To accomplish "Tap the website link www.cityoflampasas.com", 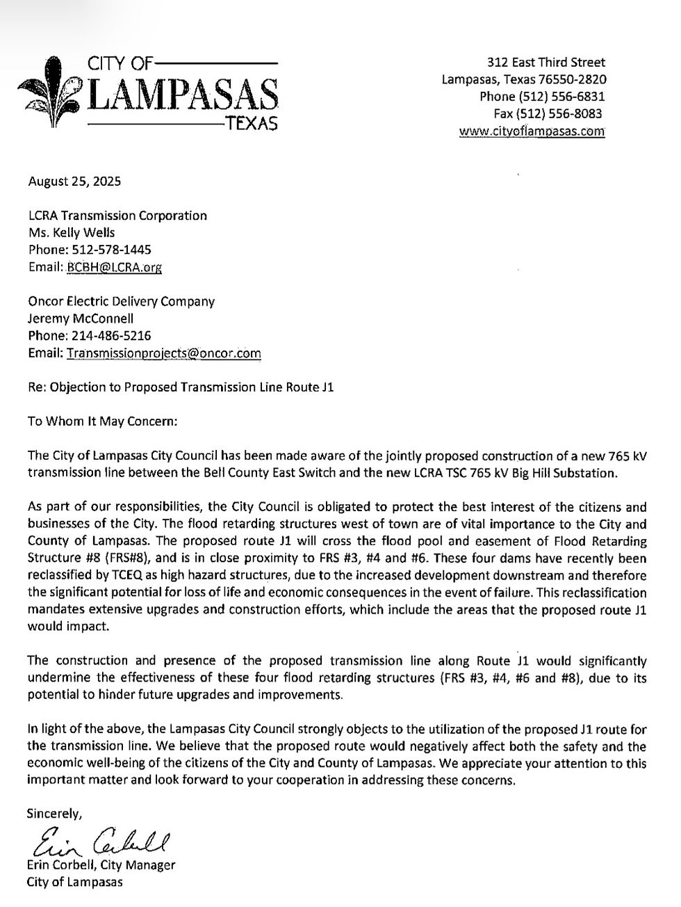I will (532, 131).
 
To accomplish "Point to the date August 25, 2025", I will (74, 182).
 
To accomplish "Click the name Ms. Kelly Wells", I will (72, 233).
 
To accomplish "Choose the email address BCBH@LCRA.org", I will (115, 267).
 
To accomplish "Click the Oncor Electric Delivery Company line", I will (121, 301).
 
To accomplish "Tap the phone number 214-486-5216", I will (111, 335).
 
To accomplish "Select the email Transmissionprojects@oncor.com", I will (164, 353).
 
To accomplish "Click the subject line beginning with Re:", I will (181, 387).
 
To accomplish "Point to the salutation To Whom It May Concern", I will (102, 422).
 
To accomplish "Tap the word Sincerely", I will (54, 812).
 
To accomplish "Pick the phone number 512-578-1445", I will (111, 250).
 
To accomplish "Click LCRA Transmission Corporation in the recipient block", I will (117, 216).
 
